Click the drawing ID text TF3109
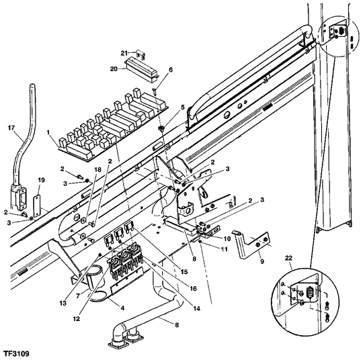[x=19, y=352]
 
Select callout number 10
[x=227, y=238]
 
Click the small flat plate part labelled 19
[x=38, y=201]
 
